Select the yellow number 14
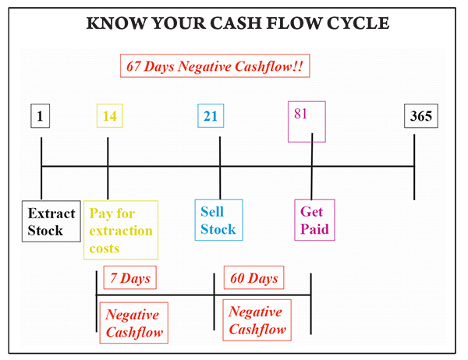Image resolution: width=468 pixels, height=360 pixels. tap(109, 116)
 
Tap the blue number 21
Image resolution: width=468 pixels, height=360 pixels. tap(211, 116)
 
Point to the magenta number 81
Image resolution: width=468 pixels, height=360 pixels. tap(300, 114)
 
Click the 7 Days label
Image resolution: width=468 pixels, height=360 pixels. tap(130, 277)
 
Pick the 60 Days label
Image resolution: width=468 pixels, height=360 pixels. tap(254, 277)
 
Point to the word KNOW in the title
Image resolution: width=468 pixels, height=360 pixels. tap(116, 23)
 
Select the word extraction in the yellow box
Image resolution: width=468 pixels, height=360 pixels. tap(121, 231)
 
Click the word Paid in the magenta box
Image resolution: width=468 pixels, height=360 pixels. tap(314, 229)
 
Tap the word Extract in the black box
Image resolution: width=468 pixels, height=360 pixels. tap(51, 214)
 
